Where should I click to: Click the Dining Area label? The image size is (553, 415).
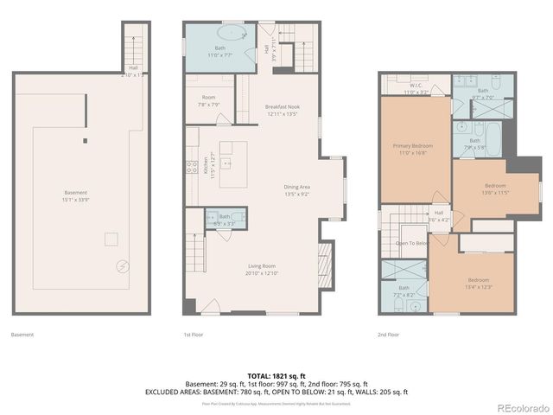tap(296, 189)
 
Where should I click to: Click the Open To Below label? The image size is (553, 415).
tap(412, 244)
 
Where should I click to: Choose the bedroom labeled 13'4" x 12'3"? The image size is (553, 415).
tap(478, 282)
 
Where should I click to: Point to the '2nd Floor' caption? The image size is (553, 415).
tap(388, 335)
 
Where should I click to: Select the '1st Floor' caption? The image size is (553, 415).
tap(193, 335)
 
